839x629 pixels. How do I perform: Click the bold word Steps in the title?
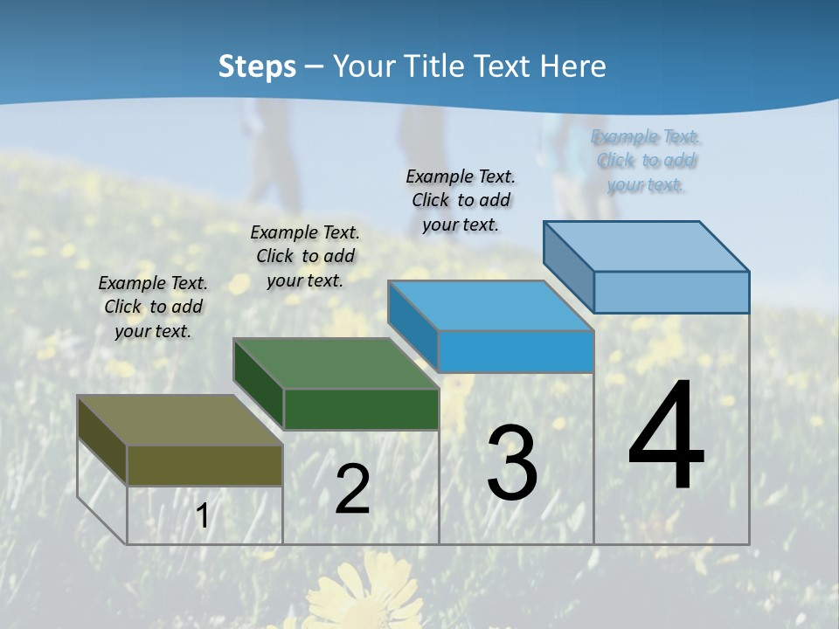click(x=257, y=66)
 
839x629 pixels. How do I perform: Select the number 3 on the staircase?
click(x=511, y=463)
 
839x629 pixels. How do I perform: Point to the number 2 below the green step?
click(x=352, y=489)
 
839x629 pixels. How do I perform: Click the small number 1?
click(x=202, y=515)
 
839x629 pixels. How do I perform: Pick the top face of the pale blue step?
click(x=647, y=246)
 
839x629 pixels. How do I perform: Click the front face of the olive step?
click(x=205, y=465)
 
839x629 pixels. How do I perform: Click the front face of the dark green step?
click(x=361, y=409)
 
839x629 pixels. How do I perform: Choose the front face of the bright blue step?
click(x=516, y=352)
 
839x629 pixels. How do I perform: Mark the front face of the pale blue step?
click(x=671, y=292)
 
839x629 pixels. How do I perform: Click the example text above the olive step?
click(x=153, y=307)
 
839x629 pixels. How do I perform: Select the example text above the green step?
click(x=305, y=256)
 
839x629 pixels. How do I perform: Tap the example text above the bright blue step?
click(x=461, y=200)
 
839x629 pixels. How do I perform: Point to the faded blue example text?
click(x=646, y=160)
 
